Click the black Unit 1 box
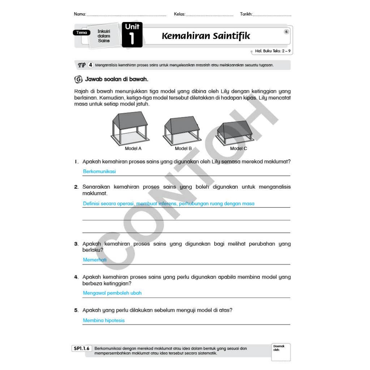click(132, 35)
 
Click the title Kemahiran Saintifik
click(206, 36)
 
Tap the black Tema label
click(82, 33)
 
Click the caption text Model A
click(133, 149)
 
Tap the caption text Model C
click(238, 149)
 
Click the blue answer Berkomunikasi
click(99, 172)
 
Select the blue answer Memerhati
click(95, 260)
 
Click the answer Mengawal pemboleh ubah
click(112, 293)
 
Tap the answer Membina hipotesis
click(104, 320)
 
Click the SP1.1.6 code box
click(82, 349)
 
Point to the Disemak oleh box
click(280, 352)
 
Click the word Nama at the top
click(80, 14)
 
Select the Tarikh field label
click(246, 14)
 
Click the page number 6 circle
click(287, 32)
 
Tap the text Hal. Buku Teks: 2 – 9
click(273, 51)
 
